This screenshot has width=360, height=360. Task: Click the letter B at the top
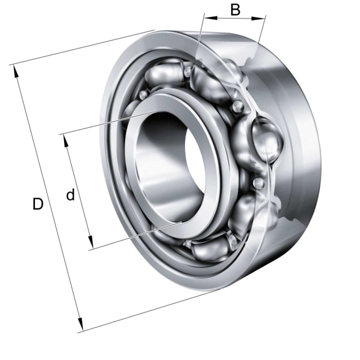235,10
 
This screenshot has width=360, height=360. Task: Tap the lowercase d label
71,195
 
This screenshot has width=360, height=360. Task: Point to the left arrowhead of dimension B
211,18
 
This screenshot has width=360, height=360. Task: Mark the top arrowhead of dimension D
16,72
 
